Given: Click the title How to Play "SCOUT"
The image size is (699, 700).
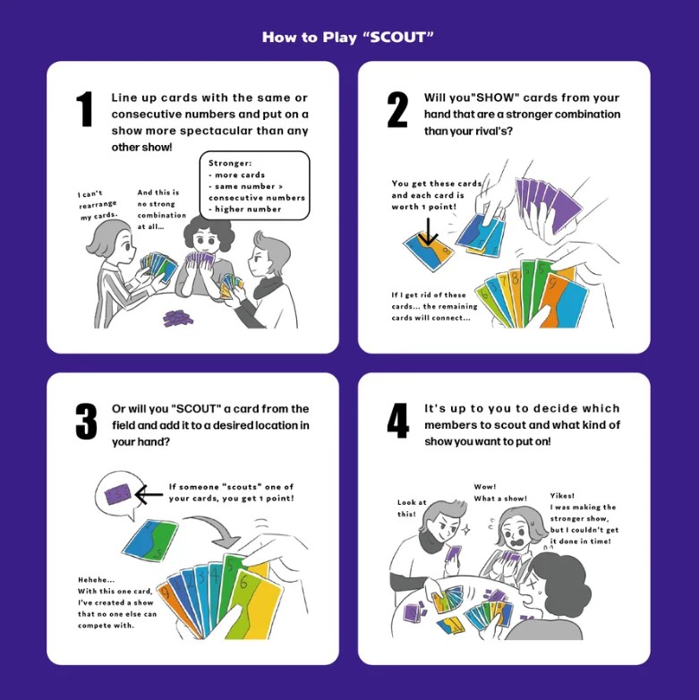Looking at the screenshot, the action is [348, 37].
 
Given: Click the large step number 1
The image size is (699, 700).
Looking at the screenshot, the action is [84, 109].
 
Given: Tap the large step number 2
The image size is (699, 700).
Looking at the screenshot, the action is [397, 110].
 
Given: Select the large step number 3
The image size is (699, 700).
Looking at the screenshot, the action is [86, 421].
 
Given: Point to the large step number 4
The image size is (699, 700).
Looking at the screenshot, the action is [397, 421].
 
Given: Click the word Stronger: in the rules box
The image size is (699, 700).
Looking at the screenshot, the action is [230, 163].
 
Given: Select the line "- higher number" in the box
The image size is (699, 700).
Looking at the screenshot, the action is [244, 209].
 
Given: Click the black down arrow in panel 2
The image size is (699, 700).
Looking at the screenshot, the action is [428, 232].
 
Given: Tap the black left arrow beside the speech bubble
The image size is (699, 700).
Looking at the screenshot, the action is [149, 495].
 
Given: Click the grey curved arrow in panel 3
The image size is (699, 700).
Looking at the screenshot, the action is [214, 526].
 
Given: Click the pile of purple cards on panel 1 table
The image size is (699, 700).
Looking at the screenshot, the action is [177, 318].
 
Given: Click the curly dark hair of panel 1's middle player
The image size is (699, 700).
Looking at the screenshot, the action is [209, 229].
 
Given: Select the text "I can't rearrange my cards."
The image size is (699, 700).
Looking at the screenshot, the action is [98, 205].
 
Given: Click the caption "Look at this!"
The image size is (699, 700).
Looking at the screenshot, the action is [412, 508].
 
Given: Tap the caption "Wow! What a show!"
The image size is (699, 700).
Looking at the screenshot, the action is [500, 492].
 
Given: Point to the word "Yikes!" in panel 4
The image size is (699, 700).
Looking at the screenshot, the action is [562, 496].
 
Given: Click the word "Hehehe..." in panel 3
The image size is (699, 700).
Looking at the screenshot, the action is [97, 580].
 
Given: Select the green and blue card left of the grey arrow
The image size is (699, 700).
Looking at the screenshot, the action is [151, 541].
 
